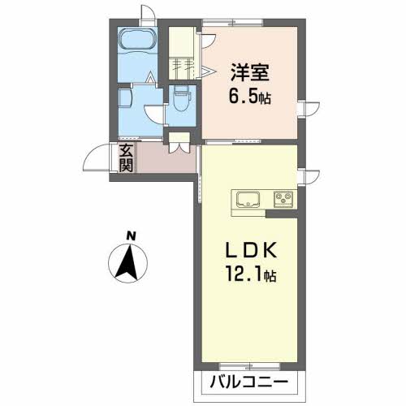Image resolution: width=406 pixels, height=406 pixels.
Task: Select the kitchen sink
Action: [x=247, y=199]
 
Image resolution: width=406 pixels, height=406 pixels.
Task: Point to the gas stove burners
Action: [x=283, y=198]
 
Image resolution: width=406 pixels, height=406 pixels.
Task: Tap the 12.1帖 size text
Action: [x=248, y=276]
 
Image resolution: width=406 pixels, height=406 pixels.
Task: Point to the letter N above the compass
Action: [x=129, y=237]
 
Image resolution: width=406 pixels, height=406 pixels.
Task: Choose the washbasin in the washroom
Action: [x=125, y=98]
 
